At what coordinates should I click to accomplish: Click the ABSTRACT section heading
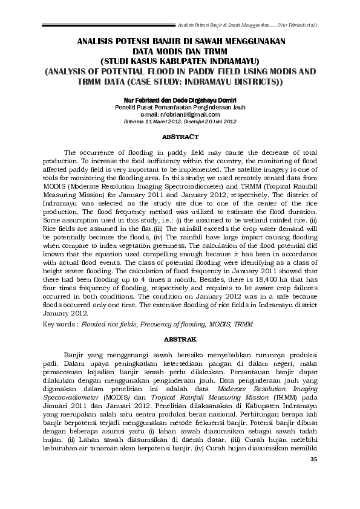coord(180,137)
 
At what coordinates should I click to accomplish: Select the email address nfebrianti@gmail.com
coord(180,114)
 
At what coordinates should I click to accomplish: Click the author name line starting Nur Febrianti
coord(180,100)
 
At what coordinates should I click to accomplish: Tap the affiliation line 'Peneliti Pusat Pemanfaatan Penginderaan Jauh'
coord(180,106)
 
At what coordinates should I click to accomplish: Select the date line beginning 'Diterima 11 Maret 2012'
coord(180,121)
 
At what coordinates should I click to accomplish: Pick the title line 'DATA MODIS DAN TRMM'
coord(180,52)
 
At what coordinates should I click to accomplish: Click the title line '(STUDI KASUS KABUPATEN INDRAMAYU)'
coord(180,61)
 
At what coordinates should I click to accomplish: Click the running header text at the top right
coord(249,26)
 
